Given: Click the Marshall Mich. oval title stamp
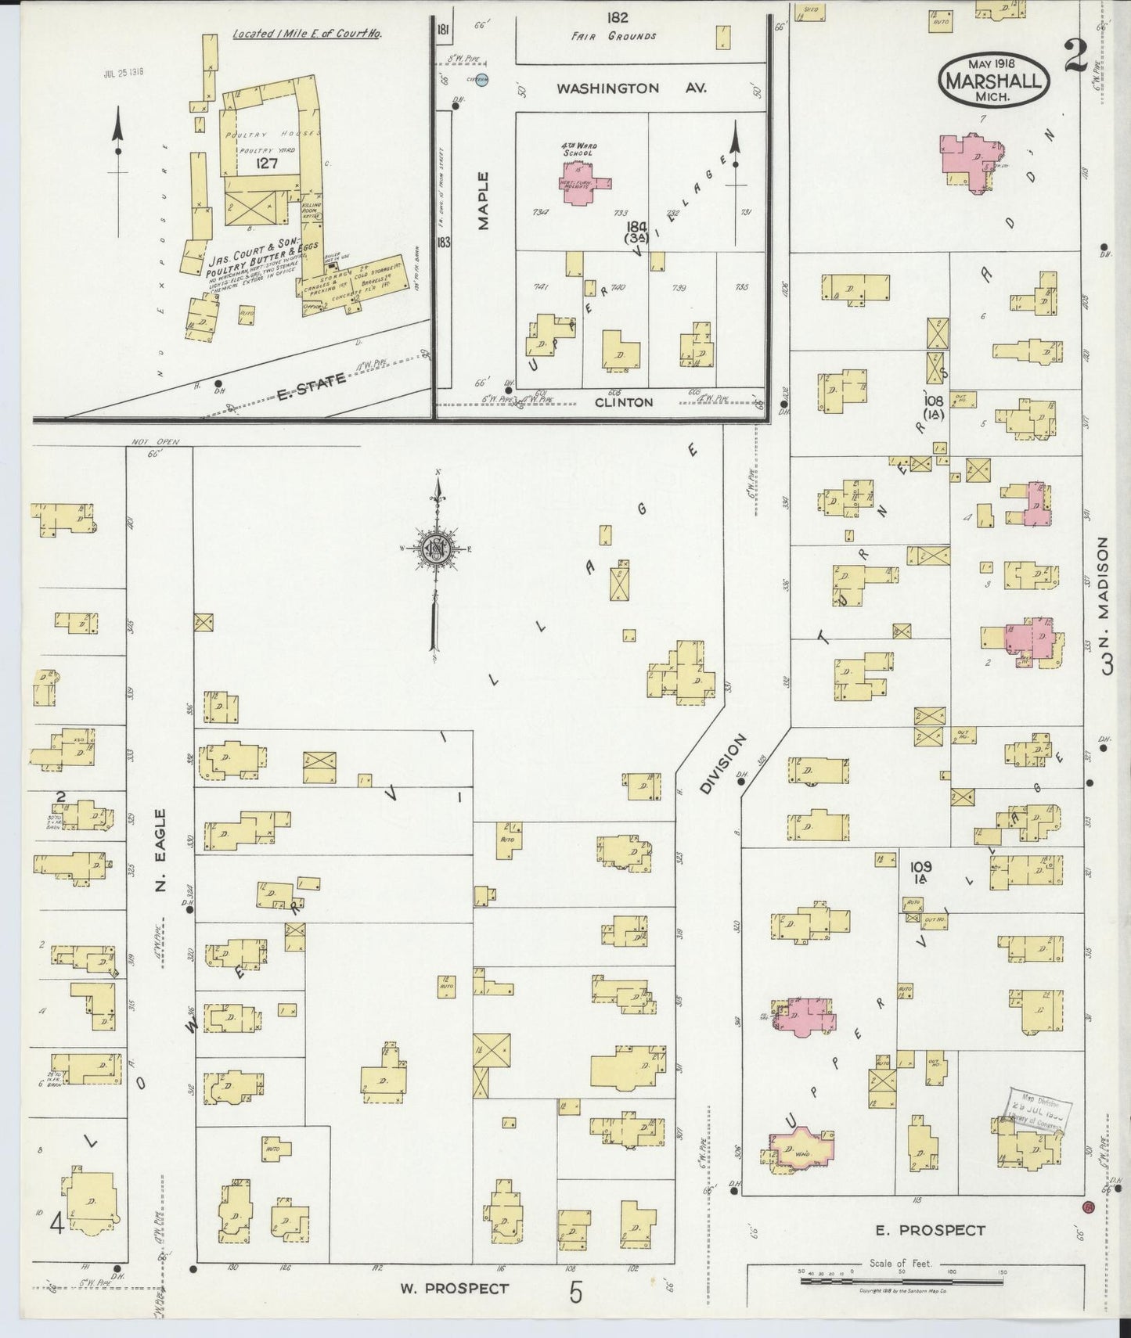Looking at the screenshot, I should [992, 81].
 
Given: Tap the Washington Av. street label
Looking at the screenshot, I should [630, 88].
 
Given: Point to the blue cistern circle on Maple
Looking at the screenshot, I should [482, 79].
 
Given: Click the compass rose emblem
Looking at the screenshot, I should [437, 549].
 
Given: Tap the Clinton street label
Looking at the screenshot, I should [624, 402].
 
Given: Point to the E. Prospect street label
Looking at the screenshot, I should [930, 1231].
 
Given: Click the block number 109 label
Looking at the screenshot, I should [921, 867].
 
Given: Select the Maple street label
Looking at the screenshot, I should [483, 201].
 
